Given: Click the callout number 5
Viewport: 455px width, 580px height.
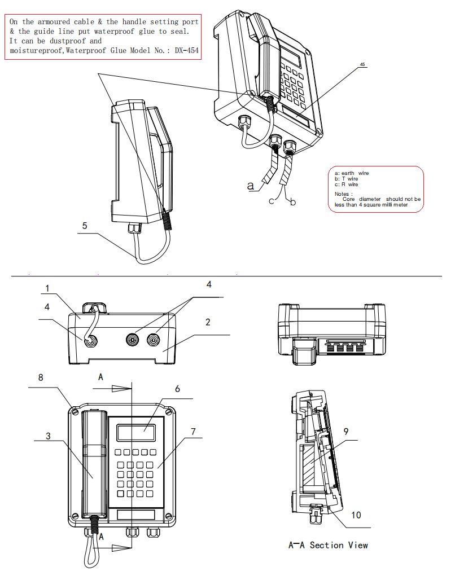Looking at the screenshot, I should pos(84,225).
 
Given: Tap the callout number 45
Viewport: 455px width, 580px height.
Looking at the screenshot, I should pos(362,64).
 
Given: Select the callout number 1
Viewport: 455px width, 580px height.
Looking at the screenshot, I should pos(47,288).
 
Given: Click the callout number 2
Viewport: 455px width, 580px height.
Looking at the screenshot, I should pos(208,322).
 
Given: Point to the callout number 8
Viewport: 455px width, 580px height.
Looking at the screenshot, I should pos(41,378).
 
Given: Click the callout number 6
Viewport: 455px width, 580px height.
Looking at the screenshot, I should pos(177,389).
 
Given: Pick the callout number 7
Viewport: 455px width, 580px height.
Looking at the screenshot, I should pos(193,432).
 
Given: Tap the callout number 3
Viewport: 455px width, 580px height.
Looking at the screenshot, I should pos(49,436).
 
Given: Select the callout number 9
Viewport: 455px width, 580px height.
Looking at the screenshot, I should pos(346,432).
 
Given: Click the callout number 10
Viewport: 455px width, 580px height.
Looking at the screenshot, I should pos(356,515).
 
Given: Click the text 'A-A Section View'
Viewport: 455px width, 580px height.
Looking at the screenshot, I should pos(328,545).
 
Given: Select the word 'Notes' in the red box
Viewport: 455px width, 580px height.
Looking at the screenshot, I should pos(343,194).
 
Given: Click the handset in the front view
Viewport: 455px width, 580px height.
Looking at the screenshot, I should pos(95,463).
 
